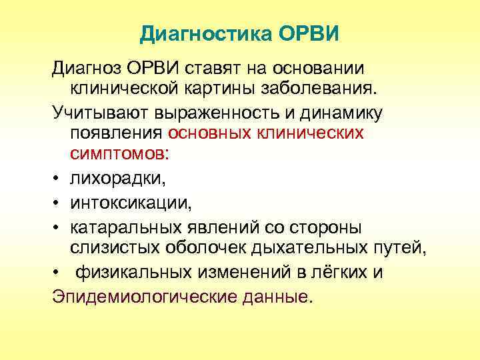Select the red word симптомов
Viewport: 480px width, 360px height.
point(119,154)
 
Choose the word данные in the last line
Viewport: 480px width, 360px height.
point(275,295)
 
